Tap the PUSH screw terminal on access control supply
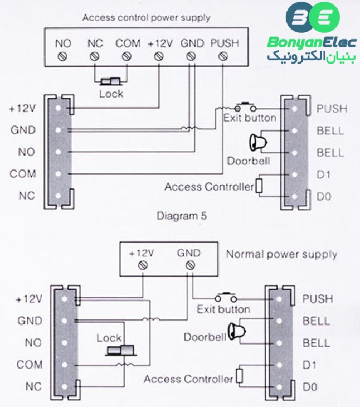click(x=224, y=56)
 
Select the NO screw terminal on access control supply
click(x=63, y=56)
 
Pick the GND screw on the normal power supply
click(x=189, y=265)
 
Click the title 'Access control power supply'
click(x=146, y=17)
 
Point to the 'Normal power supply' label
click(x=281, y=254)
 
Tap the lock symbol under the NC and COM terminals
click(x=111, y=83)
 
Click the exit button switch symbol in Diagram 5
click(x=244, y=106)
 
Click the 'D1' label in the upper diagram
click(x=323, y=175)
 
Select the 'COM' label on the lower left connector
click(x=30, y=365)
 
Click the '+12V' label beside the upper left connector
click(x=22, y=109)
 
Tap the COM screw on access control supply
click(x=127, y=56)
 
